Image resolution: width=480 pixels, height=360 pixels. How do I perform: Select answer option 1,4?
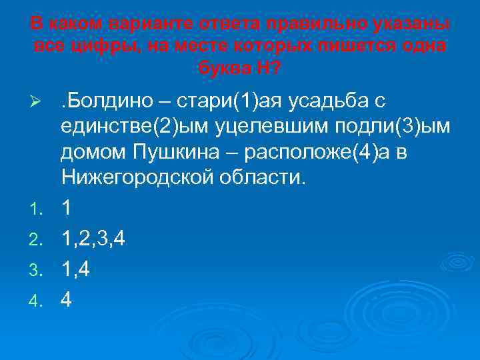pyautogui.click(x=76, y=269)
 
